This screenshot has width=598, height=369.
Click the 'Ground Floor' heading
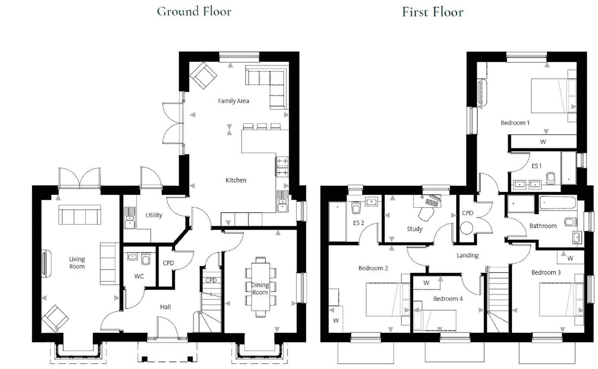pos(194,12)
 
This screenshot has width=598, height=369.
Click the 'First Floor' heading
pos(432,12)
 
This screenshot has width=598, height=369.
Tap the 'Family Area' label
pos(233,101)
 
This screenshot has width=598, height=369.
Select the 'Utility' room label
pos(154,215)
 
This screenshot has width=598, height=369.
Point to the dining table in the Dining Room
pos(260,287)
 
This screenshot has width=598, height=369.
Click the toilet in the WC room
pos(146,259)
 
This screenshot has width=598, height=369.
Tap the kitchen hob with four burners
pos(282,167)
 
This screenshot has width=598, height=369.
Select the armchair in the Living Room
pos(55,319)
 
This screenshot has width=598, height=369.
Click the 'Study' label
pos(414,229)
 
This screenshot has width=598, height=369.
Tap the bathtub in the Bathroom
pos(558,203)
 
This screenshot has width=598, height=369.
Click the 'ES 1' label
pos(536,166)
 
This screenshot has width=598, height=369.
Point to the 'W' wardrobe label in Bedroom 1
pos(543,142)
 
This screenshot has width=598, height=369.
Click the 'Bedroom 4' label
pos(448,299)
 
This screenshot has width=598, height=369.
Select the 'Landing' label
pos(467,255)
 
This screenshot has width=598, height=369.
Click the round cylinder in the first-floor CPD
pos(466,228)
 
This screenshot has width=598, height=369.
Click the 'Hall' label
pos(165,307)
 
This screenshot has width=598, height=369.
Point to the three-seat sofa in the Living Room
pos(80,214)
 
